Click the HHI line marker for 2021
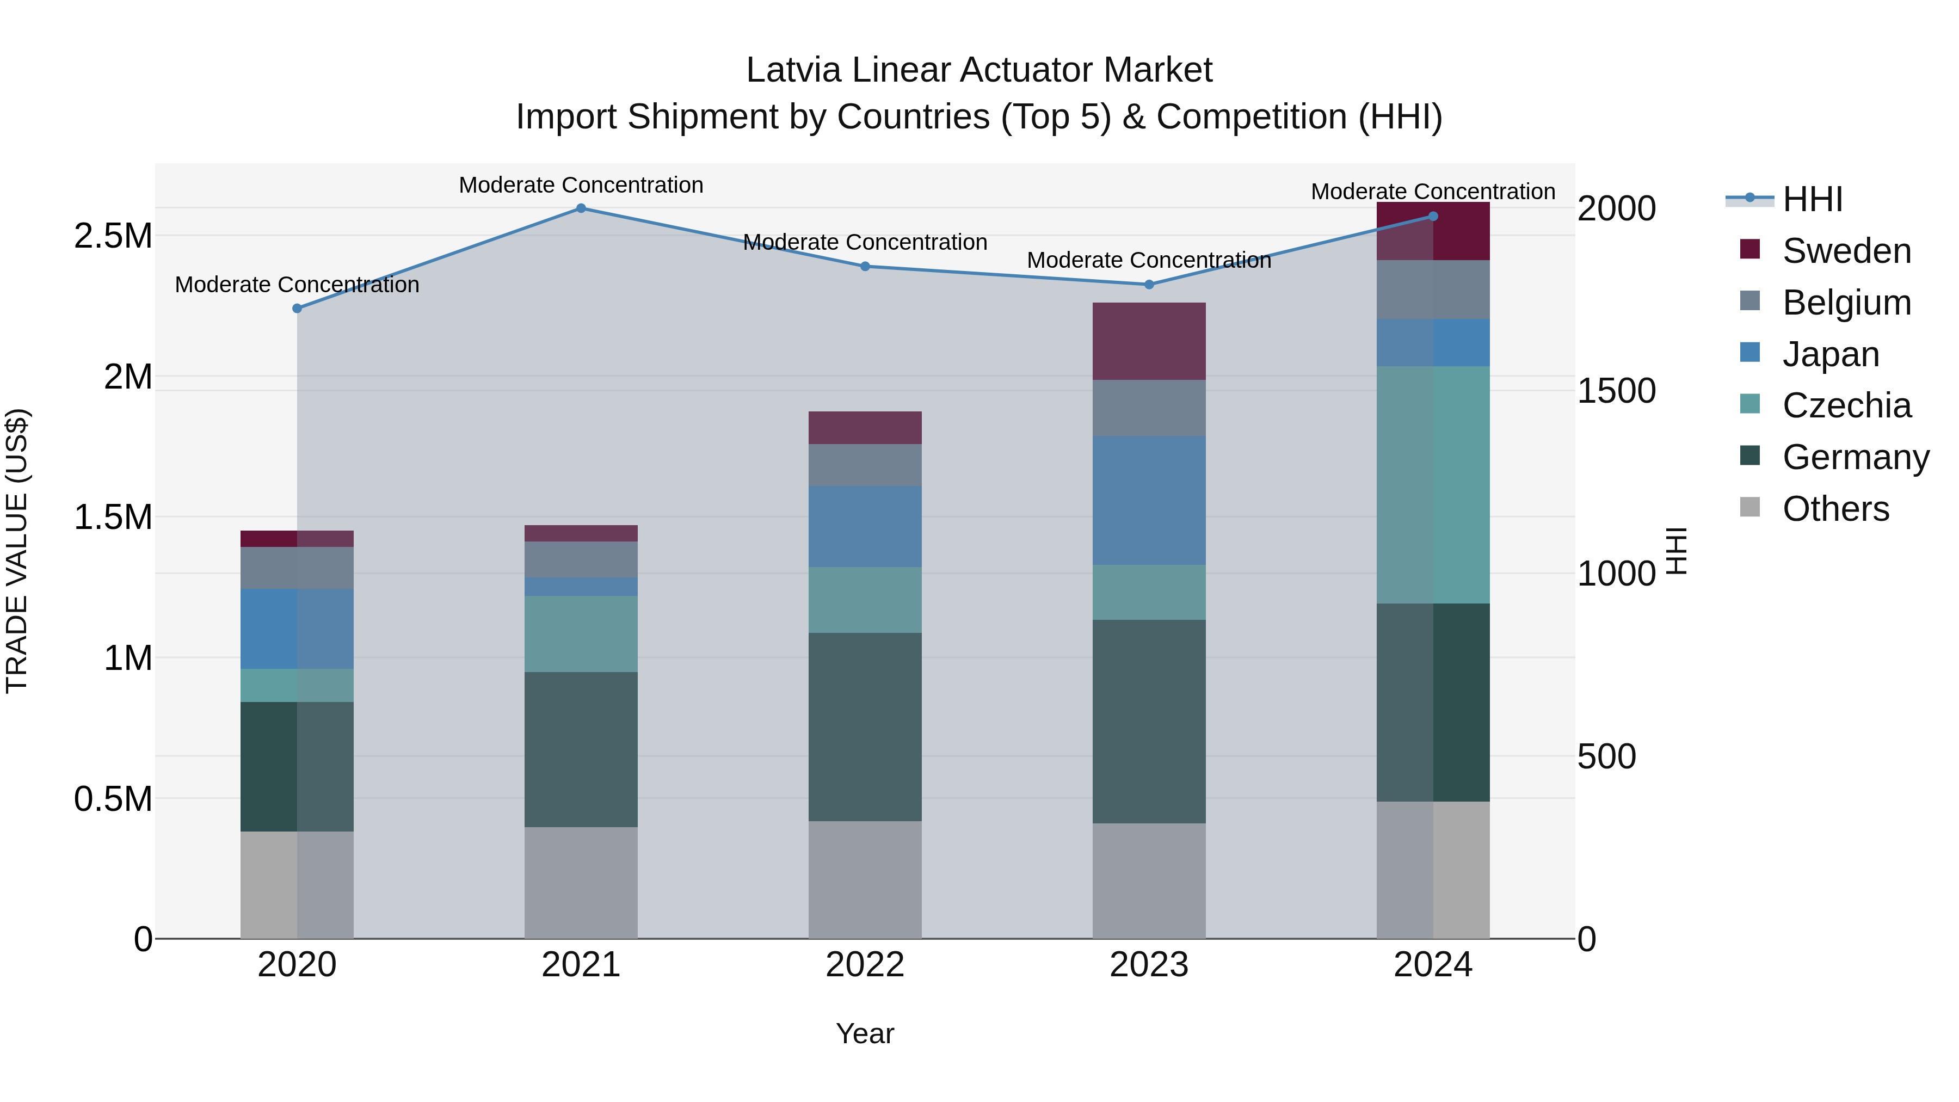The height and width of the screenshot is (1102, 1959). tap(581, 208)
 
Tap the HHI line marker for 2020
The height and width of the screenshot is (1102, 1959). tap(297, 308)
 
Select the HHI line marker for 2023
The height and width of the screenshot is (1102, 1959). tap(1149, 285)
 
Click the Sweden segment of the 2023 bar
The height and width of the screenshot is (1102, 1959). tap(1149, 341)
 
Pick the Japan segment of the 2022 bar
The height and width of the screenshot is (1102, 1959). tap(865, 526)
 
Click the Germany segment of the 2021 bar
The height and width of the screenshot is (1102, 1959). tap(581, 749)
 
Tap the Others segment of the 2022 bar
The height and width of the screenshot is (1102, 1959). tap(865, 879)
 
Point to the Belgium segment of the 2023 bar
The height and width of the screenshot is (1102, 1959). tap(1149, 408)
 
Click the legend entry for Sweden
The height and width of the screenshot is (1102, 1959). tap(1846, 251)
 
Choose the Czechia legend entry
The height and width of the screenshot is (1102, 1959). tap(1846, 405)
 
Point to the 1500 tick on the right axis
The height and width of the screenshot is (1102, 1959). tap(1616, 391)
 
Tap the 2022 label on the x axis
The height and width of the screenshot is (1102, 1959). tap(865, 964)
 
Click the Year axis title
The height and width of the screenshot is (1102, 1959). tap(865, 1033)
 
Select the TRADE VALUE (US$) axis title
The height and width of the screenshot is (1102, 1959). tap(17, 551)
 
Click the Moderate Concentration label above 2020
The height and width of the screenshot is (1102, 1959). tap(297, 285)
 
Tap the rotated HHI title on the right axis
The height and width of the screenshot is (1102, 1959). tap(1676, 551)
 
